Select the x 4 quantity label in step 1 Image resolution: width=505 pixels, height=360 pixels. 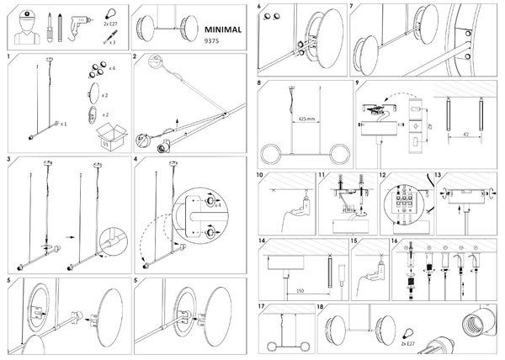click(x=112, y=67)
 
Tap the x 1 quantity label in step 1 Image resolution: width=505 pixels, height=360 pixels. click(x=63, y=124)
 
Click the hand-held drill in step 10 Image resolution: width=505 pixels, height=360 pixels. click(x=296, y=207)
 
